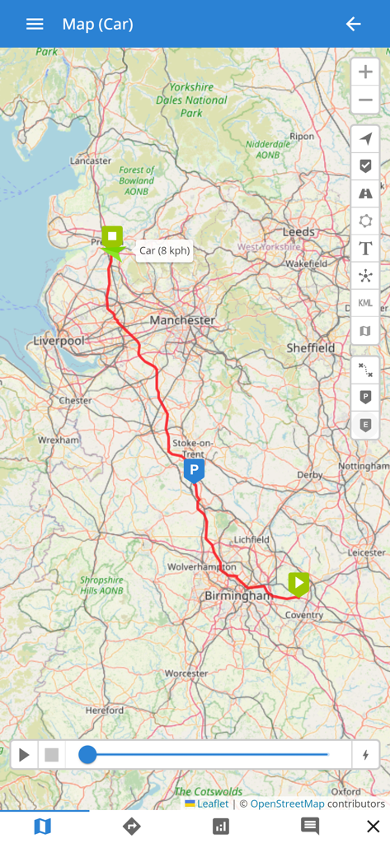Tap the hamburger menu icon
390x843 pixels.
coord(35,24)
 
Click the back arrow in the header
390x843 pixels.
coord(353,24)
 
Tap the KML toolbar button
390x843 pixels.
coord(365,303)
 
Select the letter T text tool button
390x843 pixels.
coord(365,249)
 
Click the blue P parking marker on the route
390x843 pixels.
coord(194,470)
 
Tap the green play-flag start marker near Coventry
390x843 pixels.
coord(298,584)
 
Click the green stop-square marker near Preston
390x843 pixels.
coord(112,237)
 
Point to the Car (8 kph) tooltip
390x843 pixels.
coord(164,250)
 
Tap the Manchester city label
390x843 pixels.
coord(182,319)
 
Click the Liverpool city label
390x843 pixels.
coord(59,341)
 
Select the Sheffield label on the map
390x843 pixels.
coord(311,348)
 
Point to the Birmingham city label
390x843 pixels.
coord(237,595)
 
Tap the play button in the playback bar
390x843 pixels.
coord(24,755)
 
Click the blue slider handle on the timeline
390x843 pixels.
coord(87,755)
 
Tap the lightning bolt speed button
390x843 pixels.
coord(365,755)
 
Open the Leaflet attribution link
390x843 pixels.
coord(212,803)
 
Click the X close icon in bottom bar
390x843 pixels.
coord(373,827)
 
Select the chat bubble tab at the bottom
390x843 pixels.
coord(310,827)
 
